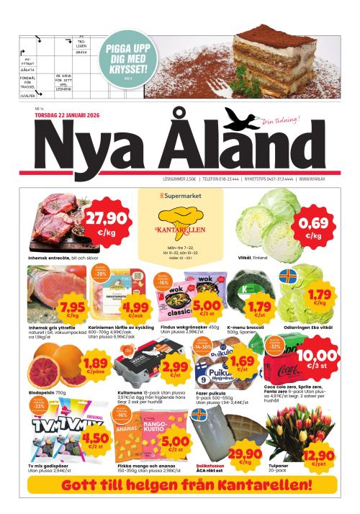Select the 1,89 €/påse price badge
[x=96, y=364]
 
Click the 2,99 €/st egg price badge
[x=176, y=370]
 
